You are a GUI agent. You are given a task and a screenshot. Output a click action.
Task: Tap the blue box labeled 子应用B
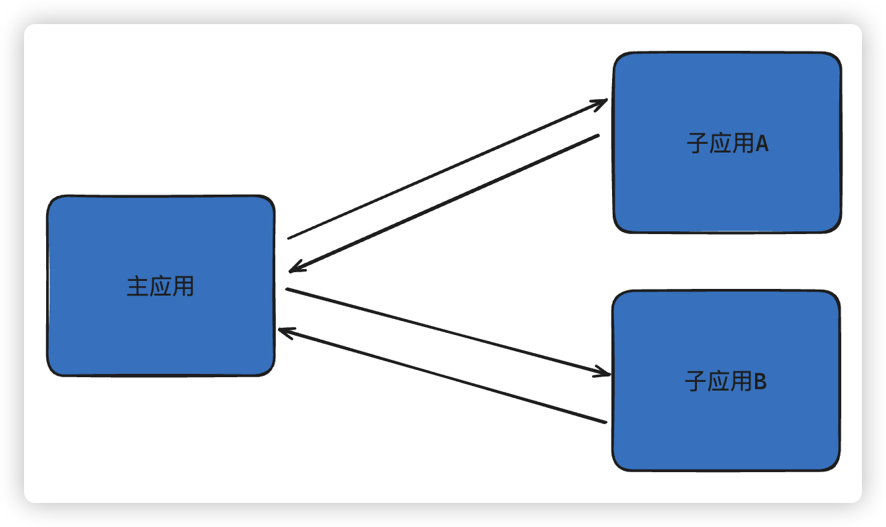coord(726,428)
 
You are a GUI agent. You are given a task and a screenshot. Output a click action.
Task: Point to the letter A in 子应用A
coord(762,144)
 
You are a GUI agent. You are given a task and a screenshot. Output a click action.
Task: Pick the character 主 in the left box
coord(138,287)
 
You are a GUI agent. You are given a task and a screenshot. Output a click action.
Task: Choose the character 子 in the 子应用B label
coord(696,382)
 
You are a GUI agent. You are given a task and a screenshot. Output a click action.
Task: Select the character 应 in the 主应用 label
coord(160,287)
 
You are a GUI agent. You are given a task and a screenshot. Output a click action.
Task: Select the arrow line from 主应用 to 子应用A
coord(441,171)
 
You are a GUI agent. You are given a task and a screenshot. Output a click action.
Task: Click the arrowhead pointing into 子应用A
coord(601,102)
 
